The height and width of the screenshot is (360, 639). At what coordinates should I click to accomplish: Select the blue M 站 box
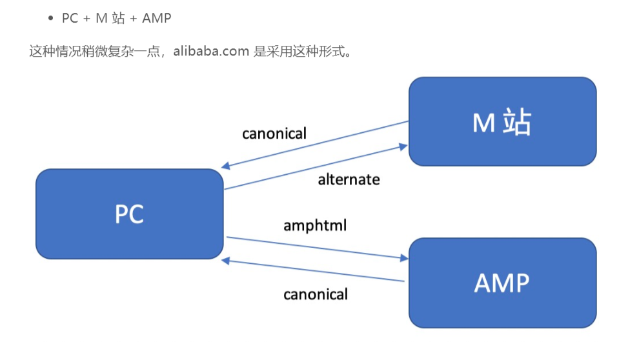(x=502, y=121)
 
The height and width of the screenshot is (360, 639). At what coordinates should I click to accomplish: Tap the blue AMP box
(x=502, y=283)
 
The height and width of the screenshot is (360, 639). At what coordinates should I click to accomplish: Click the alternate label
(x=349, y=179)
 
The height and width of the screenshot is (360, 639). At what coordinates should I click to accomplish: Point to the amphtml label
(x=315, y=226)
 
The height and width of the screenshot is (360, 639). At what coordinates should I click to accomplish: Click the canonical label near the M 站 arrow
(x=274, y=134)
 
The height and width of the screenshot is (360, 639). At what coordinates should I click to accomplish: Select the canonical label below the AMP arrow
(x=316, y=294)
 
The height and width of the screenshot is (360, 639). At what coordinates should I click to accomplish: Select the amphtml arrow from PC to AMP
(x=316, y=248)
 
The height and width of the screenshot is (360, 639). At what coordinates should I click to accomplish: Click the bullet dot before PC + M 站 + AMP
(x=51, y=18)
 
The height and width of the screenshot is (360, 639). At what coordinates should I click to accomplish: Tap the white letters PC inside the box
(x=129, y=214)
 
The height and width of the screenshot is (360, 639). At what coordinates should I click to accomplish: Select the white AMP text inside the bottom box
(x=502, y=283)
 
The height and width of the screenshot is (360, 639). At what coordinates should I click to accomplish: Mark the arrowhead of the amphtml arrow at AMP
(x=405, y=258)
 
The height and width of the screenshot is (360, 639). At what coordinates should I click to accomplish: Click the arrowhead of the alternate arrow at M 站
(x=405, y=146)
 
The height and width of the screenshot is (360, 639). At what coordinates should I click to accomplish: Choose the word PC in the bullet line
(x=70, y=18)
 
